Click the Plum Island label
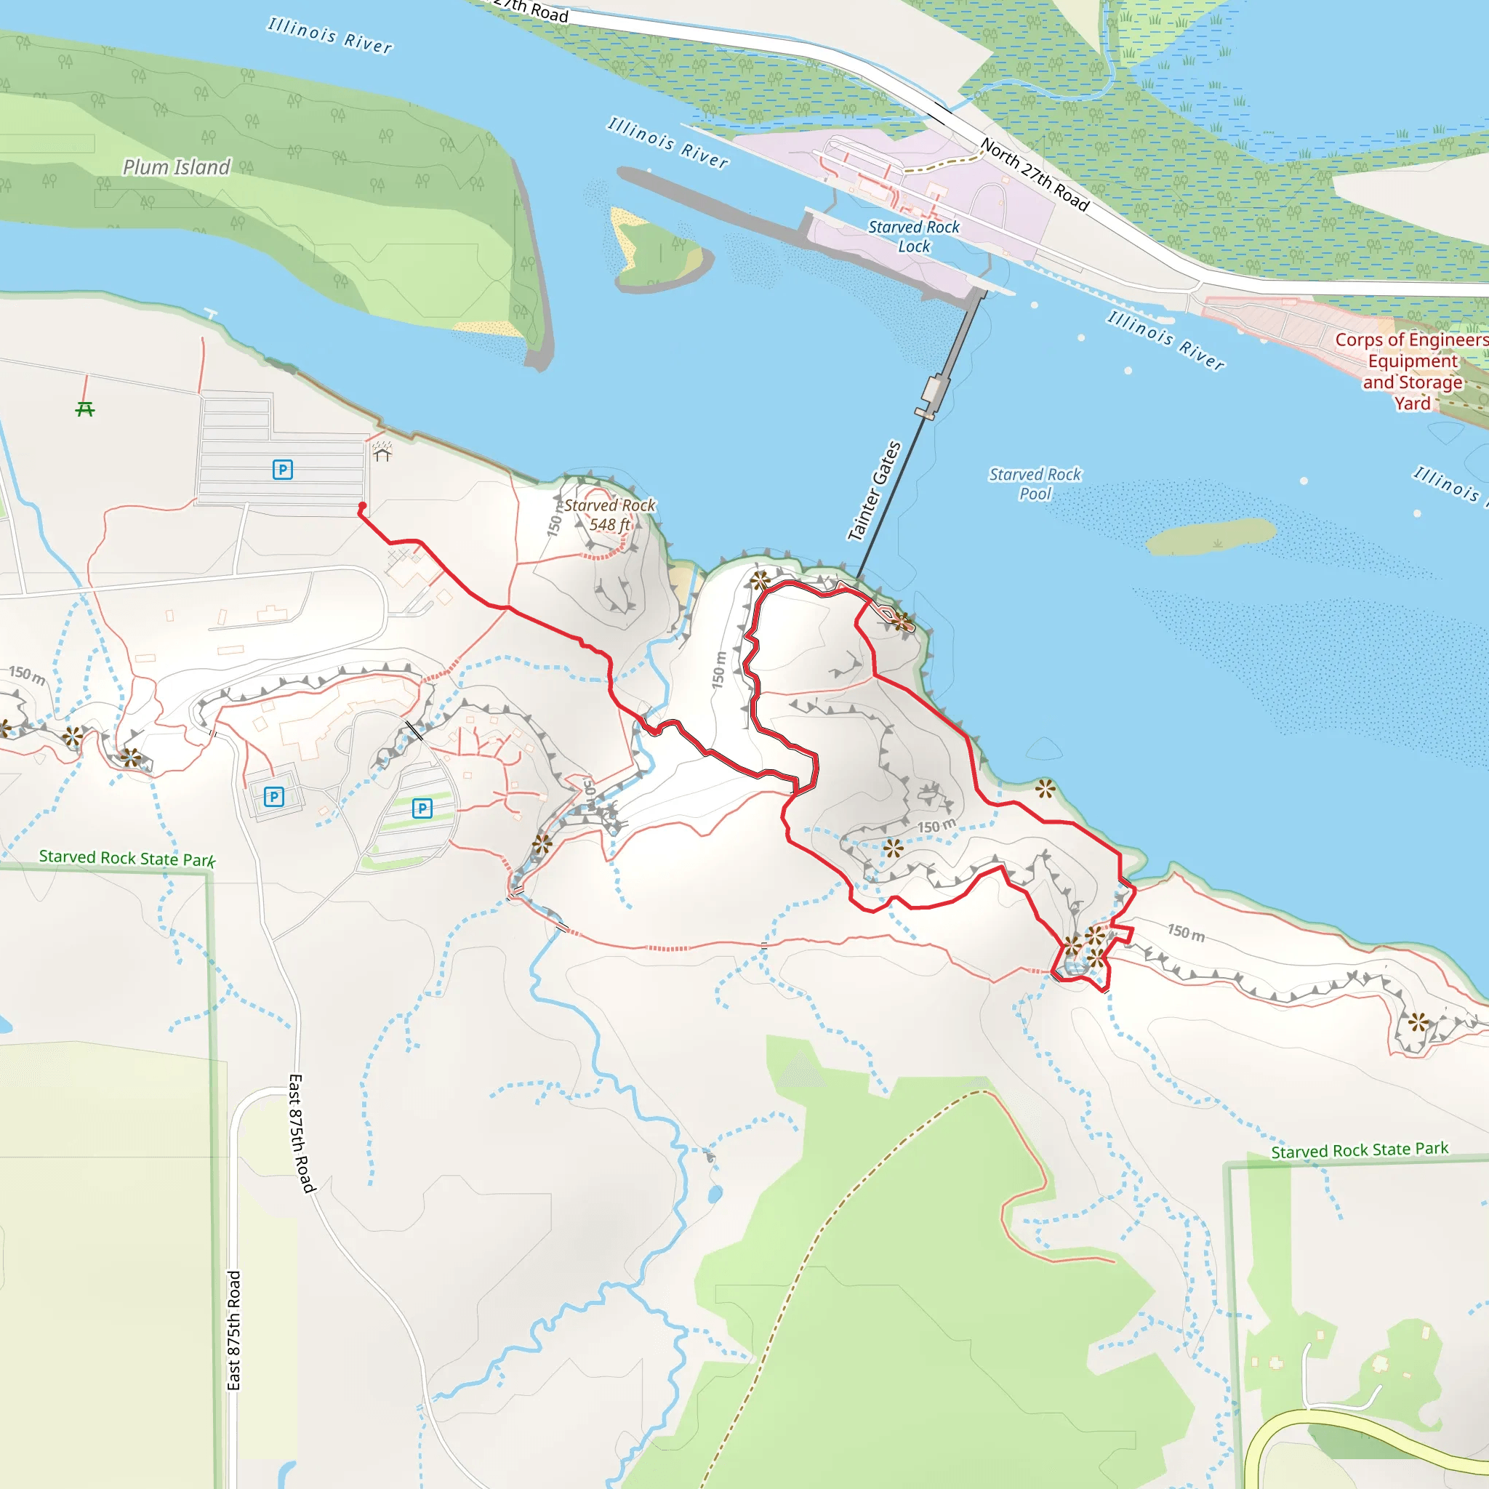177,167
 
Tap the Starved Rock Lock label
914,236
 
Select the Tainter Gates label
874,491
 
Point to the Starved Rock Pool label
1035,484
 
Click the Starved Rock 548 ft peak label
609,515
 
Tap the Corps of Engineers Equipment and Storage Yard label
1412,372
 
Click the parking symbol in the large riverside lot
283,470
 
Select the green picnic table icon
85,409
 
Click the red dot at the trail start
362,506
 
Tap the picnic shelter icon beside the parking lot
382,451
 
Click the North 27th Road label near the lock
1035,175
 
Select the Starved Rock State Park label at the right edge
1360,1151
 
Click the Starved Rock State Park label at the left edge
127,858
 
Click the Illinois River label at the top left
330,36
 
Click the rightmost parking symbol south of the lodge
422,808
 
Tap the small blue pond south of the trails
715,1195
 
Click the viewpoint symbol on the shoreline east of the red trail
1045,787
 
